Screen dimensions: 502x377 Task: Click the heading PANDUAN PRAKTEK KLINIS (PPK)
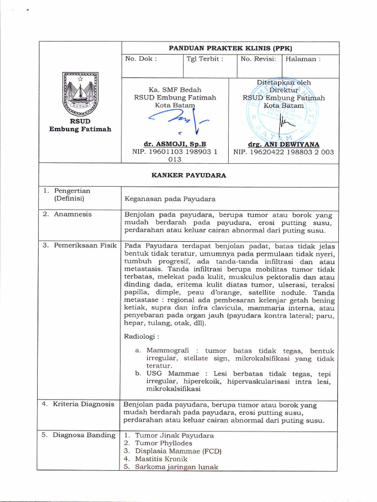click(230, 48)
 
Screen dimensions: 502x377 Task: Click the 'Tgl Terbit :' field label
click(205, 59)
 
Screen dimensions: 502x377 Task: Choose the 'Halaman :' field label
click(303, 59)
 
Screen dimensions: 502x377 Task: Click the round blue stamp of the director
click(283, 110)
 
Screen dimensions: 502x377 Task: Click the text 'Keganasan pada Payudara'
click(170, 199)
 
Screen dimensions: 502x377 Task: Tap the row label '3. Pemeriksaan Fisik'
click(79, 245)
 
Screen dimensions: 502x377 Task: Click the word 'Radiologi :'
click(141, 337)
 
